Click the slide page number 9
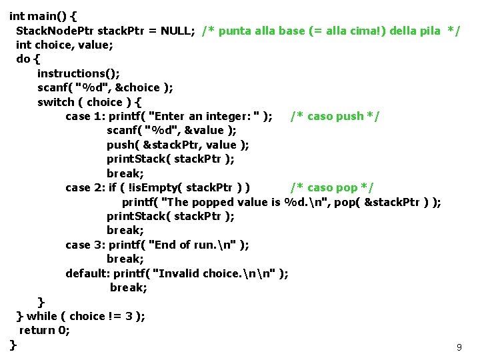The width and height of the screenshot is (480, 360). pos(459,347)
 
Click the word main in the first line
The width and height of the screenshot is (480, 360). pos(39,15)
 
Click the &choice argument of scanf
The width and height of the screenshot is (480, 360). pos(139,87)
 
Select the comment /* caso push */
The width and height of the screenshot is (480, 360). pos(335,117)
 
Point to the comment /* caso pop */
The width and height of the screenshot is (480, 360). pos(331,187)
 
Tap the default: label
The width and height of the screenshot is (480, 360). pos(88,273)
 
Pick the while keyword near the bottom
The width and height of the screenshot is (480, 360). pos(42,316)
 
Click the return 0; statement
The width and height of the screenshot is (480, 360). pos(45,330)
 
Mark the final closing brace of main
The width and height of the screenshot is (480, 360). pos(13,344)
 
